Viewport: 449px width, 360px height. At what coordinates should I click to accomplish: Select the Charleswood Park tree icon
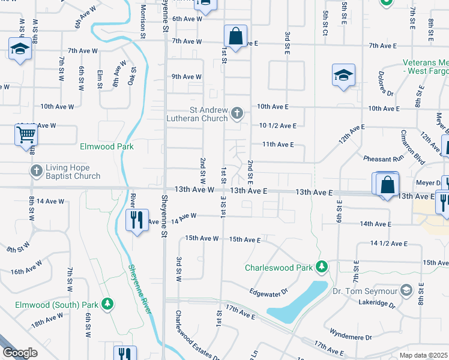click(x=322, y=266)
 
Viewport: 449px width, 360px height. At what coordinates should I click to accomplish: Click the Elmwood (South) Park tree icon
click(x=107, y=304)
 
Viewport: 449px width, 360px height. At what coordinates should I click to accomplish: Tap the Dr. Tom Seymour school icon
click(x=407, y=291)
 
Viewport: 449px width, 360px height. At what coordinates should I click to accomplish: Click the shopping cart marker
click(x=26, y=134)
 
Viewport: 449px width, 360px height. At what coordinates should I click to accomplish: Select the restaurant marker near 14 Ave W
click(x=137, y=220)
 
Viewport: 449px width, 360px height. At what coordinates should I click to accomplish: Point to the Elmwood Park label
click(x=106, y=146)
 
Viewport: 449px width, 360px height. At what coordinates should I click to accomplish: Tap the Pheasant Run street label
click(x=384, y=159)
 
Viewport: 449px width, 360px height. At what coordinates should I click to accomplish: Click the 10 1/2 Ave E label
click(x=278, y=125)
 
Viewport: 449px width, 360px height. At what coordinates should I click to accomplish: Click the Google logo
click(x=20, y=353)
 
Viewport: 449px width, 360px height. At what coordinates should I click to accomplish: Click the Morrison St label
click(x=143, y=21)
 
